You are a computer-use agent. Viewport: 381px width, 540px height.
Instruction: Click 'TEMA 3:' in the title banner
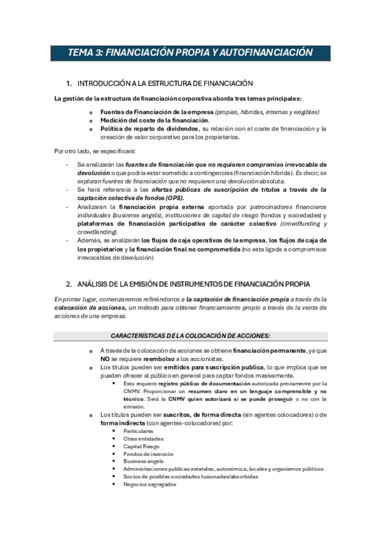pos(85,53)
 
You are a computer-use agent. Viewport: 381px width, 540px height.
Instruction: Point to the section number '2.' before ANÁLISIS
pos(69,283)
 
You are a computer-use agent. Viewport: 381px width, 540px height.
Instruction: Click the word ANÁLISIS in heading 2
pos(97,283)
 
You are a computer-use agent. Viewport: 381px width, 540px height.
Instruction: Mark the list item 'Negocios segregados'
pos(149,484)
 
